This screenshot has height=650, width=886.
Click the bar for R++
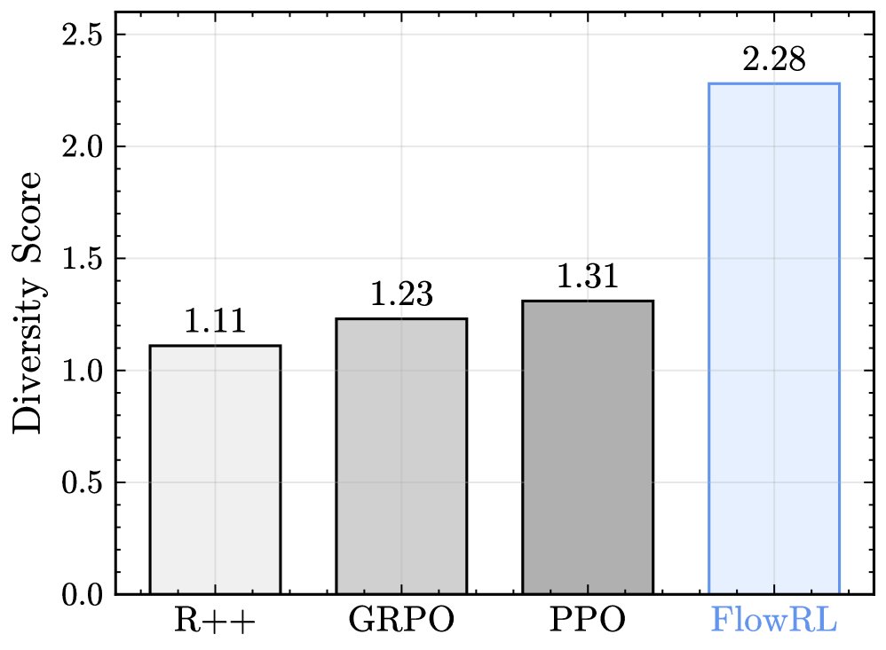click(x=215, y=469)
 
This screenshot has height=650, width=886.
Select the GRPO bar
click(x=401, y=456)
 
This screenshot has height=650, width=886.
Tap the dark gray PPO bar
click(x=588, y=447)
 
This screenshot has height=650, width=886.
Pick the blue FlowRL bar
click(x=774, y=338)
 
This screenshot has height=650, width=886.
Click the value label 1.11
click(x=214, y=322)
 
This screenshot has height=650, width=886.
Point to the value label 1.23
click(x=401, y=294)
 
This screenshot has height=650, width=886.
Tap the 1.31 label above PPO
click(x=587, y=278)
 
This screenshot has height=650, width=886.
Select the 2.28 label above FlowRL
click(x=774, y=60)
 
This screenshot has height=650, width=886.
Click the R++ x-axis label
click(x=215, y=621)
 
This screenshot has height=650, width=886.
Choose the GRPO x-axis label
click(x=401, y=621)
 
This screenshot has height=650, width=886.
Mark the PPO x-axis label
click(x=588, y=621)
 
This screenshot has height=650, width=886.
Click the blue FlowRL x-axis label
click(x=774, y=621)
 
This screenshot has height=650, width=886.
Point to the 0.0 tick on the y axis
click(x=82, y=595)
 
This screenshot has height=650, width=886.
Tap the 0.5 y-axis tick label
click(x=82, y=483)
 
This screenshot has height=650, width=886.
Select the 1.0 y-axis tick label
click(x=82, y=371)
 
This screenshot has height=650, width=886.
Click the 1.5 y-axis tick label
click(x=82, y=259)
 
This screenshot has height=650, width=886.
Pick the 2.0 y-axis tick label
click(x=82, y=146)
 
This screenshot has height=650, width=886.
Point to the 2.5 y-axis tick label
click(x=82, y=35)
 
